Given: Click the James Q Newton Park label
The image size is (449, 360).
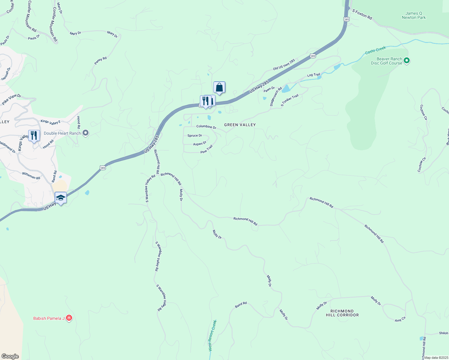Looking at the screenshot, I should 414,15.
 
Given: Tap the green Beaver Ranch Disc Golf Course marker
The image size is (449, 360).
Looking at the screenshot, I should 407,61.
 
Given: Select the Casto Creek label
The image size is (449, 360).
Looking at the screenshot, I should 375,50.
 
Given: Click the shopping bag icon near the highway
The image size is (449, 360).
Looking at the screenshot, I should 219,87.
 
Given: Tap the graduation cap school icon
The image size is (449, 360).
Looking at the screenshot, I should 61,198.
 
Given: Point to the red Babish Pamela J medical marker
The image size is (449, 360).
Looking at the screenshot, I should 69,318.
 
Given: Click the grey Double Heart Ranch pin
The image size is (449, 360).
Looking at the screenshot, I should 86,133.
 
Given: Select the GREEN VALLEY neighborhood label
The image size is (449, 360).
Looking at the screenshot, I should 240,125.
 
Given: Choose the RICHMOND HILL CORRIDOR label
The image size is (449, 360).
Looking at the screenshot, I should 342,313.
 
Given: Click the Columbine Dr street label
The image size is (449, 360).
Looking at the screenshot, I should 206,127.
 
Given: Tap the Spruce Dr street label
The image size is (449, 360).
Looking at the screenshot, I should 194,136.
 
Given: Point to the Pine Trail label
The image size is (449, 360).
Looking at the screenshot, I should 206,149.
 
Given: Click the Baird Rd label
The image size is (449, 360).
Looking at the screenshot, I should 241,305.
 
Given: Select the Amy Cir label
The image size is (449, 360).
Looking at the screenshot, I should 400,319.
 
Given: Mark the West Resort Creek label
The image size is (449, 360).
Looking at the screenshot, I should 212,335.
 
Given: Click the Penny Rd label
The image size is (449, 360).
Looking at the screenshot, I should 100,61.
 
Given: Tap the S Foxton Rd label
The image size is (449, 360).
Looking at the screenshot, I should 362,14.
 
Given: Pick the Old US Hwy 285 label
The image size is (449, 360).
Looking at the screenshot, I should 284,64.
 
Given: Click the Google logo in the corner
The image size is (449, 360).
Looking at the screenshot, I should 10,356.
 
